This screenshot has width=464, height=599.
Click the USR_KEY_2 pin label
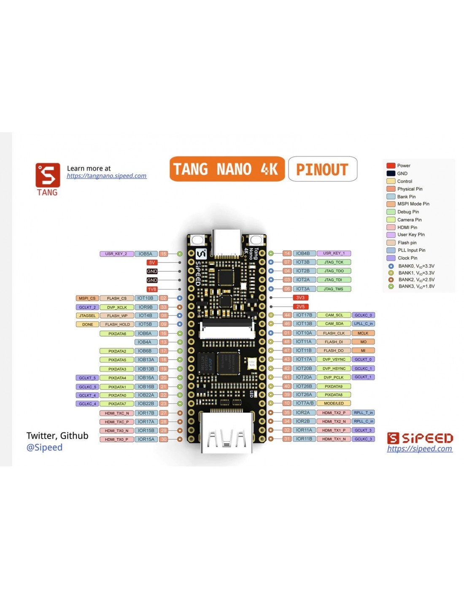116,254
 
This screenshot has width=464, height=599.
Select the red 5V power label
152,262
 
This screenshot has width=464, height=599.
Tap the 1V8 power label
152,289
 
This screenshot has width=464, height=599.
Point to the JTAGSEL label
87,316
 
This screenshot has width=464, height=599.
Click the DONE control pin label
87,324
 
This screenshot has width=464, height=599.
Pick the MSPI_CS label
87,298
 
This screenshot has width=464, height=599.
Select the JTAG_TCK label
334,262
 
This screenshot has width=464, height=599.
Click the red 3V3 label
300,297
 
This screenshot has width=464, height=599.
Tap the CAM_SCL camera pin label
334,315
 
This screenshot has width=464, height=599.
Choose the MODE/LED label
334,403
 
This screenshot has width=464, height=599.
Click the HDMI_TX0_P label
116,439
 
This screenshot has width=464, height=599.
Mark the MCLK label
363,333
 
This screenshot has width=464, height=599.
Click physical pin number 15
163,254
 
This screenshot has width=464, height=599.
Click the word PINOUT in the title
322,169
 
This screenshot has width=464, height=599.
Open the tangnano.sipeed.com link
107,176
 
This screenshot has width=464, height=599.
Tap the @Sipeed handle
44,447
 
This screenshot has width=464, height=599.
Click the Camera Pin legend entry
409,219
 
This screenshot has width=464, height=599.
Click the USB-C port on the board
227,243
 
